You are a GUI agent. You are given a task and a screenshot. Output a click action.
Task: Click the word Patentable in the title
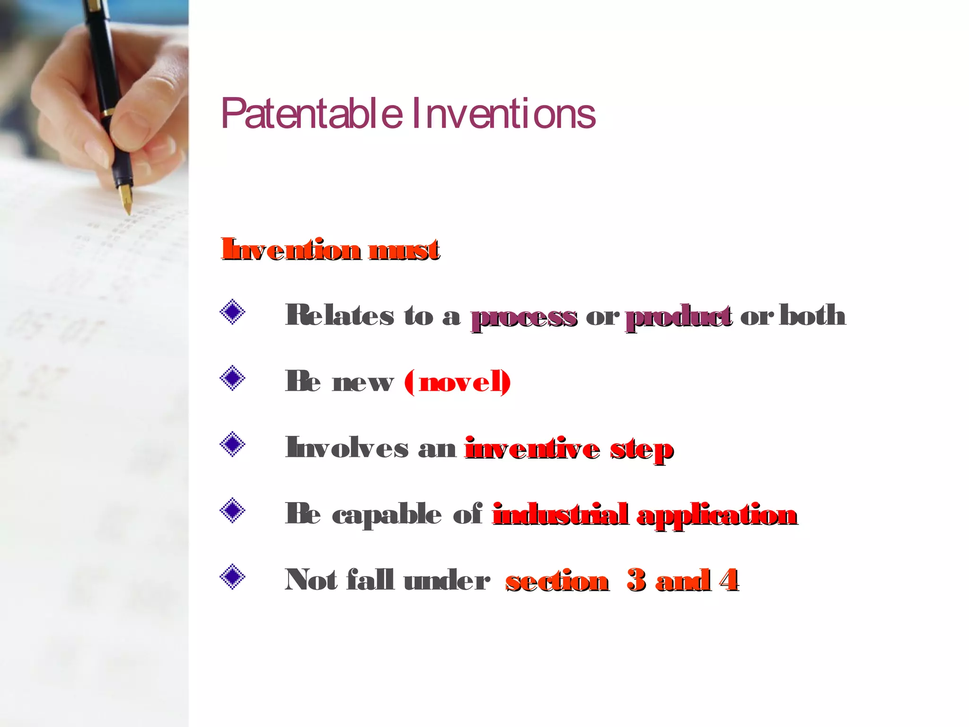point(312,114)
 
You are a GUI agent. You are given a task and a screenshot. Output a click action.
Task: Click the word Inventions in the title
point(504,114)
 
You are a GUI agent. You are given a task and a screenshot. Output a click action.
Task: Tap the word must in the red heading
point(405,249)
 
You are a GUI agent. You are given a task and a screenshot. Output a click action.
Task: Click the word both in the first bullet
point(812,315)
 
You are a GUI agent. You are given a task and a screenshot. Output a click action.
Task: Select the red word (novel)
point(458,382)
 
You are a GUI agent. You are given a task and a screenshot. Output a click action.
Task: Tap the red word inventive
point(532,448)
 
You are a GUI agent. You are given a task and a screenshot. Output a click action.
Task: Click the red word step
point(642,450)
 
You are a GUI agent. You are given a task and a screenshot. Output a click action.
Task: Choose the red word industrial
point(561,514)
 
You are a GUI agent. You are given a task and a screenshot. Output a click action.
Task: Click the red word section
point(557,581)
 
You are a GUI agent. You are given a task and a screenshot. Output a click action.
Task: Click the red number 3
point(636,580)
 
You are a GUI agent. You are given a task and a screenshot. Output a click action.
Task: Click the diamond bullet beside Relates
point(232,312)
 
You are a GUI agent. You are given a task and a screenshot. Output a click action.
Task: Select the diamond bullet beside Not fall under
point(232,577)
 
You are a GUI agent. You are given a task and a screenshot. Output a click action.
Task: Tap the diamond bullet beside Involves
point(232,445)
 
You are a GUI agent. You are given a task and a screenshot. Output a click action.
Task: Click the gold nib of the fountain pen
point(126,199)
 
